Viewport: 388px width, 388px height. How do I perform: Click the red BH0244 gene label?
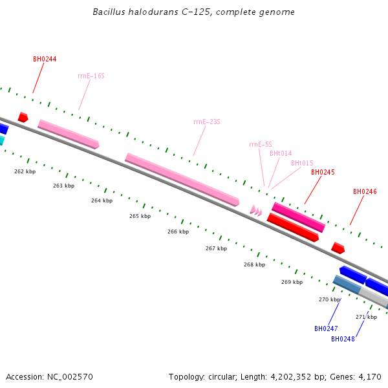pos(45,59)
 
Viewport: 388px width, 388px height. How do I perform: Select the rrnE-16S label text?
pos(91,76)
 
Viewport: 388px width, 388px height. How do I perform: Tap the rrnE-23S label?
pos(207,122)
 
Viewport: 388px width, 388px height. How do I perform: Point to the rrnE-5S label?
pos(261,144)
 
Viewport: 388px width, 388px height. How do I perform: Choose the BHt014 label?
pos(281,153)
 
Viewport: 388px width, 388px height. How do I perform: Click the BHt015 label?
pos(302,163)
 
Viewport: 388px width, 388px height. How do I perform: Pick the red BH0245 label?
pos(323,172)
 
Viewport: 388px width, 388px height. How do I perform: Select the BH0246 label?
pos(365,191)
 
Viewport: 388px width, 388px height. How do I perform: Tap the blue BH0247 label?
pos(326,329)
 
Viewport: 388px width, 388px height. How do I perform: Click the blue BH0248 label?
pos(343,339)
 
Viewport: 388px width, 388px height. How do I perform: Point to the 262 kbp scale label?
pos(25,171)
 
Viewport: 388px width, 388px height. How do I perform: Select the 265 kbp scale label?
pos(140,216)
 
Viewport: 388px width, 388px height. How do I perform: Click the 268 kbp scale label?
pos(254,264)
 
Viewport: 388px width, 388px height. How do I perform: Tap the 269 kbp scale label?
pos(292,282)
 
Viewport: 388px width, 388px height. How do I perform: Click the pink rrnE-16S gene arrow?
pos(69,134)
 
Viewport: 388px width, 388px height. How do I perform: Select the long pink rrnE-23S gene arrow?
pos(182,179)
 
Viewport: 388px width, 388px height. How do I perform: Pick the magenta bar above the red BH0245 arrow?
pos(298,217)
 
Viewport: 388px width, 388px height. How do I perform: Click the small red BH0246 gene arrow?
pos(338,248)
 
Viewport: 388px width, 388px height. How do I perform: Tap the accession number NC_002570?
pos(70,377)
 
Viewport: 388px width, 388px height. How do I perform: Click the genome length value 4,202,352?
pos(291,377)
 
